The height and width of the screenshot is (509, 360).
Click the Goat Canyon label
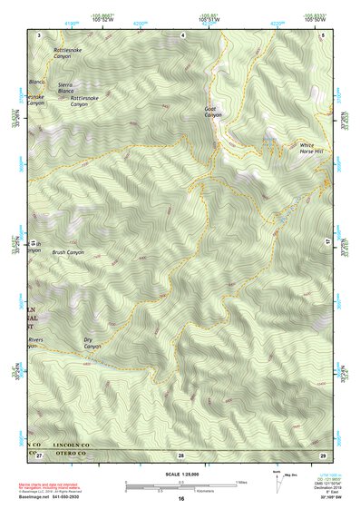212,112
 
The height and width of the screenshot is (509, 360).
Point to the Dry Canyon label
92,343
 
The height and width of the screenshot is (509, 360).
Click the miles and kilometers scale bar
181,485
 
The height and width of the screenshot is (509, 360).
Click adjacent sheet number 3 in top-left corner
39,34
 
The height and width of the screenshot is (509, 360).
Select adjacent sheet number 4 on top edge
182,34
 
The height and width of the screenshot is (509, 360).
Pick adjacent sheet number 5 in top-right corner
324,34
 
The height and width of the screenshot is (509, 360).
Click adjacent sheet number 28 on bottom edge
180,454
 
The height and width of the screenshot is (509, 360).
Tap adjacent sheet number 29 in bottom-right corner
323,454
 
